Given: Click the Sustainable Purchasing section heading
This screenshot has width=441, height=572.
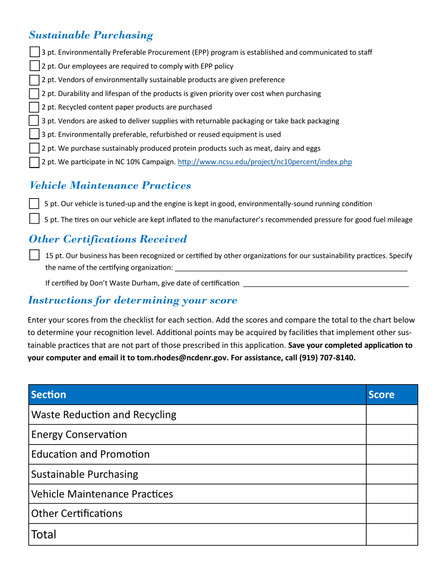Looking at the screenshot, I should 91,35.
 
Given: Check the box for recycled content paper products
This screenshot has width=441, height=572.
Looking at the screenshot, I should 34,107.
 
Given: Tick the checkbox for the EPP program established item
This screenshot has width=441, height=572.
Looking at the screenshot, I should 34,52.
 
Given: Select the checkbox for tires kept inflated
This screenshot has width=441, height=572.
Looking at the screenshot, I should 34,219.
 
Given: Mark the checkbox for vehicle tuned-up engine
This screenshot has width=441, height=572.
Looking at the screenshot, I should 34,204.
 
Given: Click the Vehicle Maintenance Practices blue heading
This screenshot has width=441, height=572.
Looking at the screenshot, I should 110,186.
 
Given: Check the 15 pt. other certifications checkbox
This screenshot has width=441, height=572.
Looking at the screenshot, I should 34,255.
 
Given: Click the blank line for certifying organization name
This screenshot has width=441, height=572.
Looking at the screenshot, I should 291,268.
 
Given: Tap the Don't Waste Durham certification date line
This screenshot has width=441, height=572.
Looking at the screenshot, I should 325,284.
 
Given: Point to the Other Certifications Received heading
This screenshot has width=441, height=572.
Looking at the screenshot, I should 108,239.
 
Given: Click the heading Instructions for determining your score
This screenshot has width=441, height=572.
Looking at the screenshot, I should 133,300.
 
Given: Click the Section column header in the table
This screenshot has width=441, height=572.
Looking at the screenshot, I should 49,395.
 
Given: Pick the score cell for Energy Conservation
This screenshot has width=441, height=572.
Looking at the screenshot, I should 391,435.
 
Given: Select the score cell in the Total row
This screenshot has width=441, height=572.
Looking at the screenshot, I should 391,534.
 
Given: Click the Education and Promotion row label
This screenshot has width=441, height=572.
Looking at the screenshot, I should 91,454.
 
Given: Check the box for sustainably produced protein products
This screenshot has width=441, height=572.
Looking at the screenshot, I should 34,148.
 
